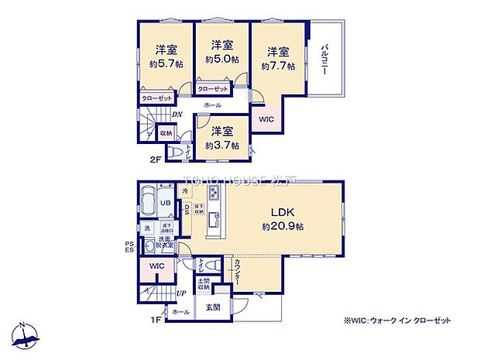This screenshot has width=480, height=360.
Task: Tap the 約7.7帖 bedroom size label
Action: tap(280, 66)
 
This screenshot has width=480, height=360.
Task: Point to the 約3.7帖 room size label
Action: tap(218, 145)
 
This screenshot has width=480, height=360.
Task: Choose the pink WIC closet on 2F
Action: tap(266, 119)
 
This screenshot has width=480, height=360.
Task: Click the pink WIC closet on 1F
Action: tap(156, 266)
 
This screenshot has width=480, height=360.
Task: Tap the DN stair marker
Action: tap(177, 115)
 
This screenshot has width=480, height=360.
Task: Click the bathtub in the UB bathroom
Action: tap(147, 202)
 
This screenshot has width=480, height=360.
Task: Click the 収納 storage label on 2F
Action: tap(166, 133)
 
